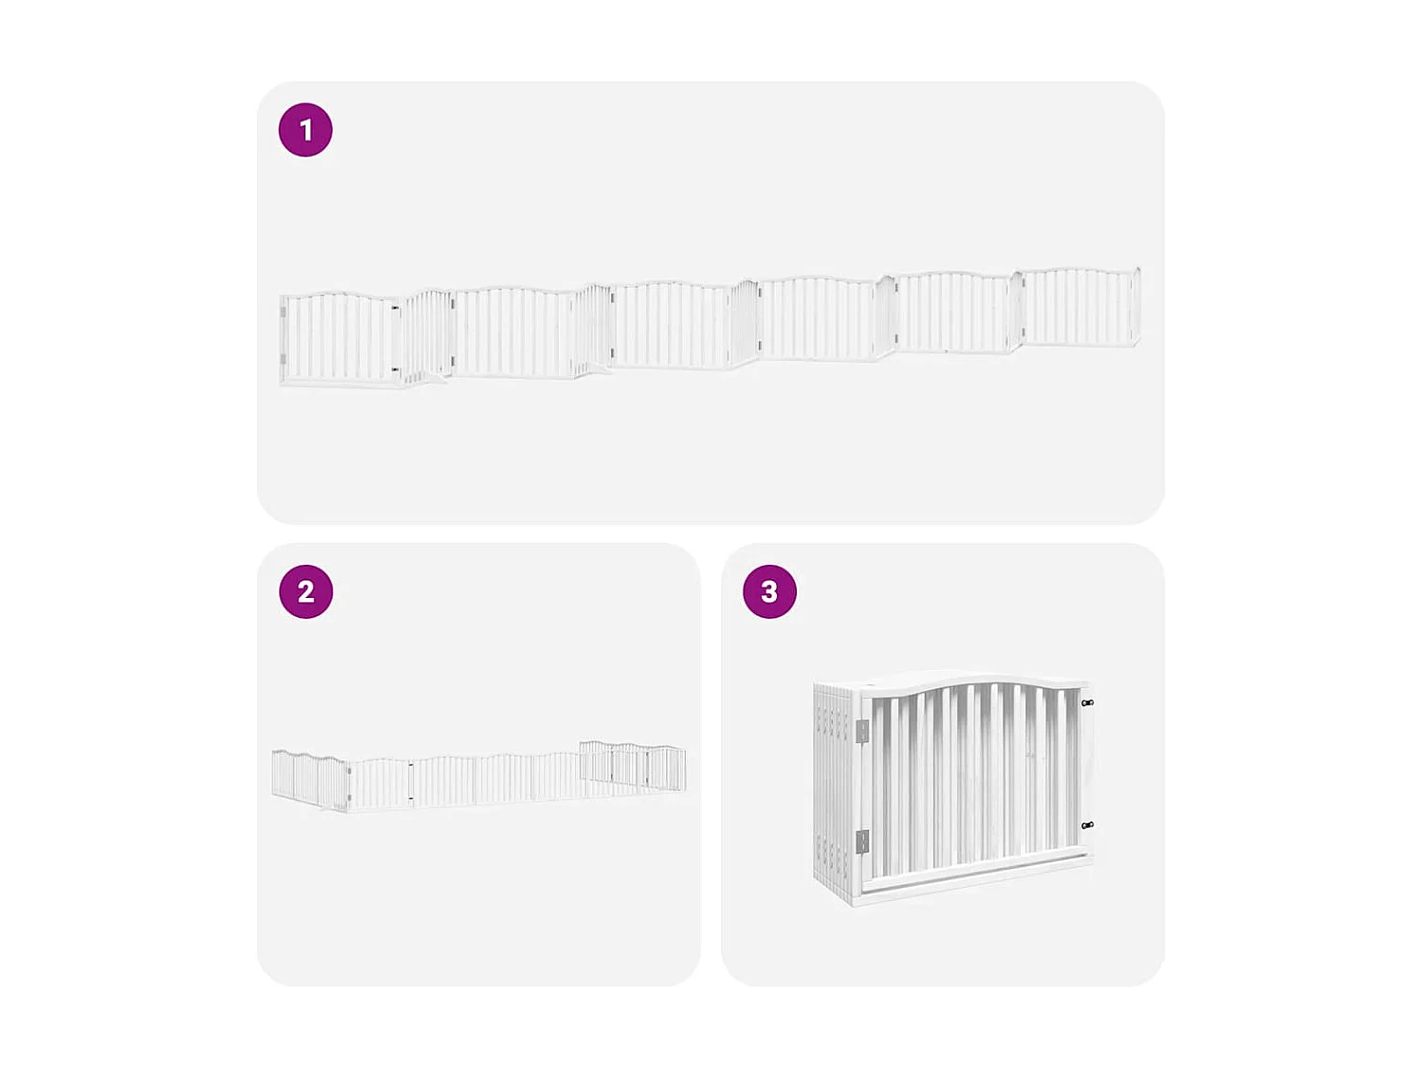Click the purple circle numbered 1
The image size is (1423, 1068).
(x=305, y=130)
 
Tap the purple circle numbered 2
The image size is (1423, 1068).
(x=305, y=591)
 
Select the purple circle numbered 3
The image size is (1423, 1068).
(x=769, y=591)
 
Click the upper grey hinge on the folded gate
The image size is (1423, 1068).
(x=862, y=731)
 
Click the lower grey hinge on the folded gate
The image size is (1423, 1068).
(x=862, y=841)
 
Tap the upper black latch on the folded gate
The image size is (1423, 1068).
(x=1087, y=703)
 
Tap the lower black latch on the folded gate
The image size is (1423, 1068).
(x=1087, y=826)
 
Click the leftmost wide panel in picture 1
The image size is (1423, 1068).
(x=340, y=338)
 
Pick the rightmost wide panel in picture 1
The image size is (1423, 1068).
(x=1080, y=306)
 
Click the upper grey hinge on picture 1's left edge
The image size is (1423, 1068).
(x=284, y=312)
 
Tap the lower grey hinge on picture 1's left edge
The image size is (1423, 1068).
(x=284, y=358)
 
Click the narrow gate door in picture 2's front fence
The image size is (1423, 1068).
(x=380, y=784)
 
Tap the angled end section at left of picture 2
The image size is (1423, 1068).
(x=308, y=778)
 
